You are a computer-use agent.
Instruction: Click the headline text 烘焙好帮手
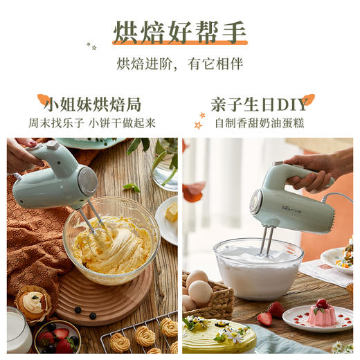pos(179,32)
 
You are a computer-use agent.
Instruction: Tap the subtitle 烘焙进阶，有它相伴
pos(179,64)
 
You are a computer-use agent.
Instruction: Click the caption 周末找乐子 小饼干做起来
pos(92,123)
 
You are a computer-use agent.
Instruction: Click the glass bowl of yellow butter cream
pos(111,239)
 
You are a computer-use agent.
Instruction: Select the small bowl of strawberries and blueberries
pos(57,338)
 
